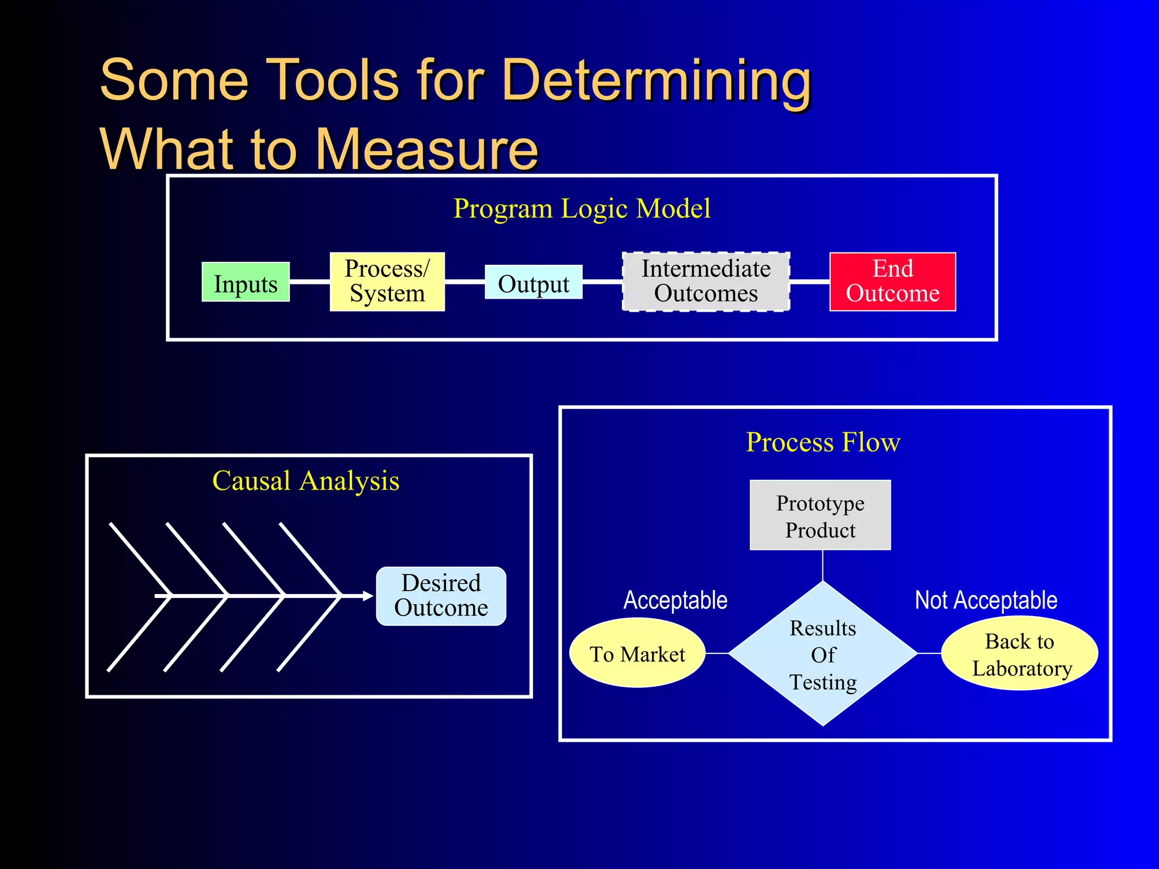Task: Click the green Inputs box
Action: click(x=246, y=282)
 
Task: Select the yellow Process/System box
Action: click(x=387, y=282)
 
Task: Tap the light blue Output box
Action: click(x=534, y=282)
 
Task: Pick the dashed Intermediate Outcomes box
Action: click(x=706, y=282)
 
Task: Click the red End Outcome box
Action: click(x=892, y=282)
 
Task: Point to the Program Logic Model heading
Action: click(x=582, y=209)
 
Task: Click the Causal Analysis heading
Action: click(x=306, y=481)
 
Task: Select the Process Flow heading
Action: click(x=823, y=442)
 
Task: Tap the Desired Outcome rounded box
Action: click(x=441, y=596)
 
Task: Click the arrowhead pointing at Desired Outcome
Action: click(x=368, y=596)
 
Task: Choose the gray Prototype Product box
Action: click(x=820, y=515)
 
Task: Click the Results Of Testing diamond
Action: click(x=823, y=654)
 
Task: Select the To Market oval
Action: click(x=637, y=653)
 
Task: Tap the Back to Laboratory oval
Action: click(x=1020, y=653)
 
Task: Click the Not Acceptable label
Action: click(x=986, y=600)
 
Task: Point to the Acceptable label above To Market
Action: click(x=675, y=600)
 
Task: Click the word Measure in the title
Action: click(x=426, y=149)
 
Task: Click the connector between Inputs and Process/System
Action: click(x=310, y=281)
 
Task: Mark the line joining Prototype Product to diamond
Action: click(x=823, y=566)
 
